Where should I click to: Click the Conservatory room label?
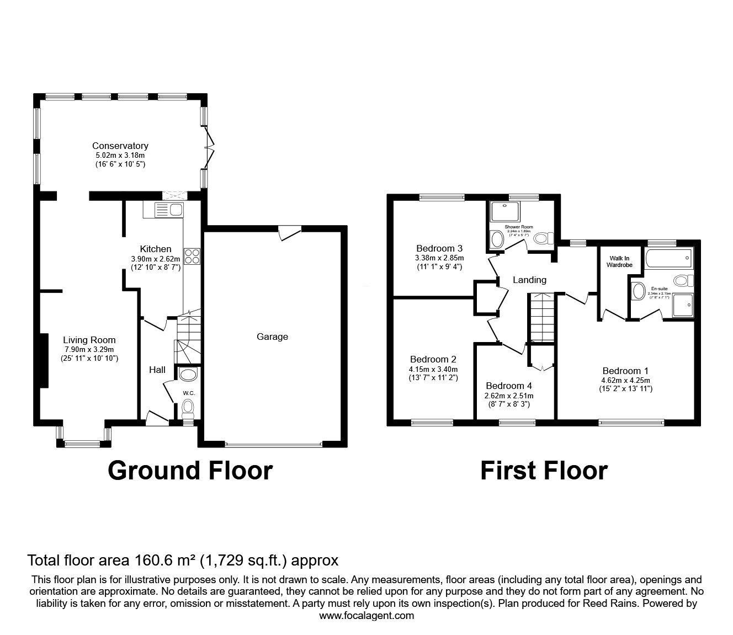pos(120,146)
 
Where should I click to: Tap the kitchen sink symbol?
pos(169,209)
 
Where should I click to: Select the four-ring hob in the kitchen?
pos(192,255)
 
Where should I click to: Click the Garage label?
pos(272,337)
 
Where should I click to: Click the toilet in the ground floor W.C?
pos(188,408)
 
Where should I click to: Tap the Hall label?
pos(157,370)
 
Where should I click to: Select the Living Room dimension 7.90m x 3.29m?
pos(89,349)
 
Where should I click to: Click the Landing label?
pos(529,280)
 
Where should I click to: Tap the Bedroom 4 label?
pos(508,386)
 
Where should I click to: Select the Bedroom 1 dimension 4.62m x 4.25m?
pos(625,380)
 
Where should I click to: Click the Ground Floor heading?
pos(190,471)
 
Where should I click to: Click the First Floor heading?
pos(544,471)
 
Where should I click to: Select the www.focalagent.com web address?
pos(366,616)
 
